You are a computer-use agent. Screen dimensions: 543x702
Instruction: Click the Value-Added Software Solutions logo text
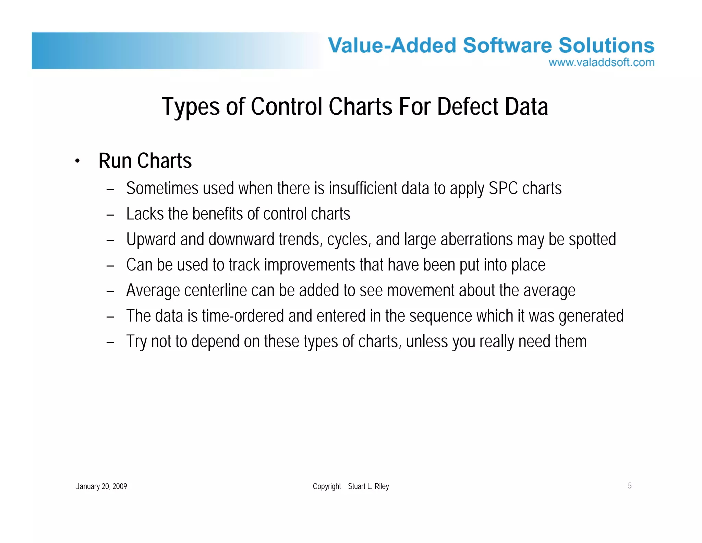(x=491, y=46)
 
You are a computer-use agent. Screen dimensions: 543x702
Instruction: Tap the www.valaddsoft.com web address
(x=601, y=62)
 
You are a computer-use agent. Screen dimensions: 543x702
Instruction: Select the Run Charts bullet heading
(x=145, y=161)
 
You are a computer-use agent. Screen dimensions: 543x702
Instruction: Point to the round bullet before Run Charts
(x=77, y=161)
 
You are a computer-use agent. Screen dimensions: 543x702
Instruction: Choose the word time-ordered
(x=243, y=316)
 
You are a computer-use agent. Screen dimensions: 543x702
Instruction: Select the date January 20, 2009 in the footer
(x=101, y=486)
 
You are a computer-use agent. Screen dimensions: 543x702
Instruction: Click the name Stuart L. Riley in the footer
(x=368, y=486)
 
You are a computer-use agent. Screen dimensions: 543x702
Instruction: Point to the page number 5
(x=629, y=486)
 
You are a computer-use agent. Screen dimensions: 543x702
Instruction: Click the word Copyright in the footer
(x=326, y=486)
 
